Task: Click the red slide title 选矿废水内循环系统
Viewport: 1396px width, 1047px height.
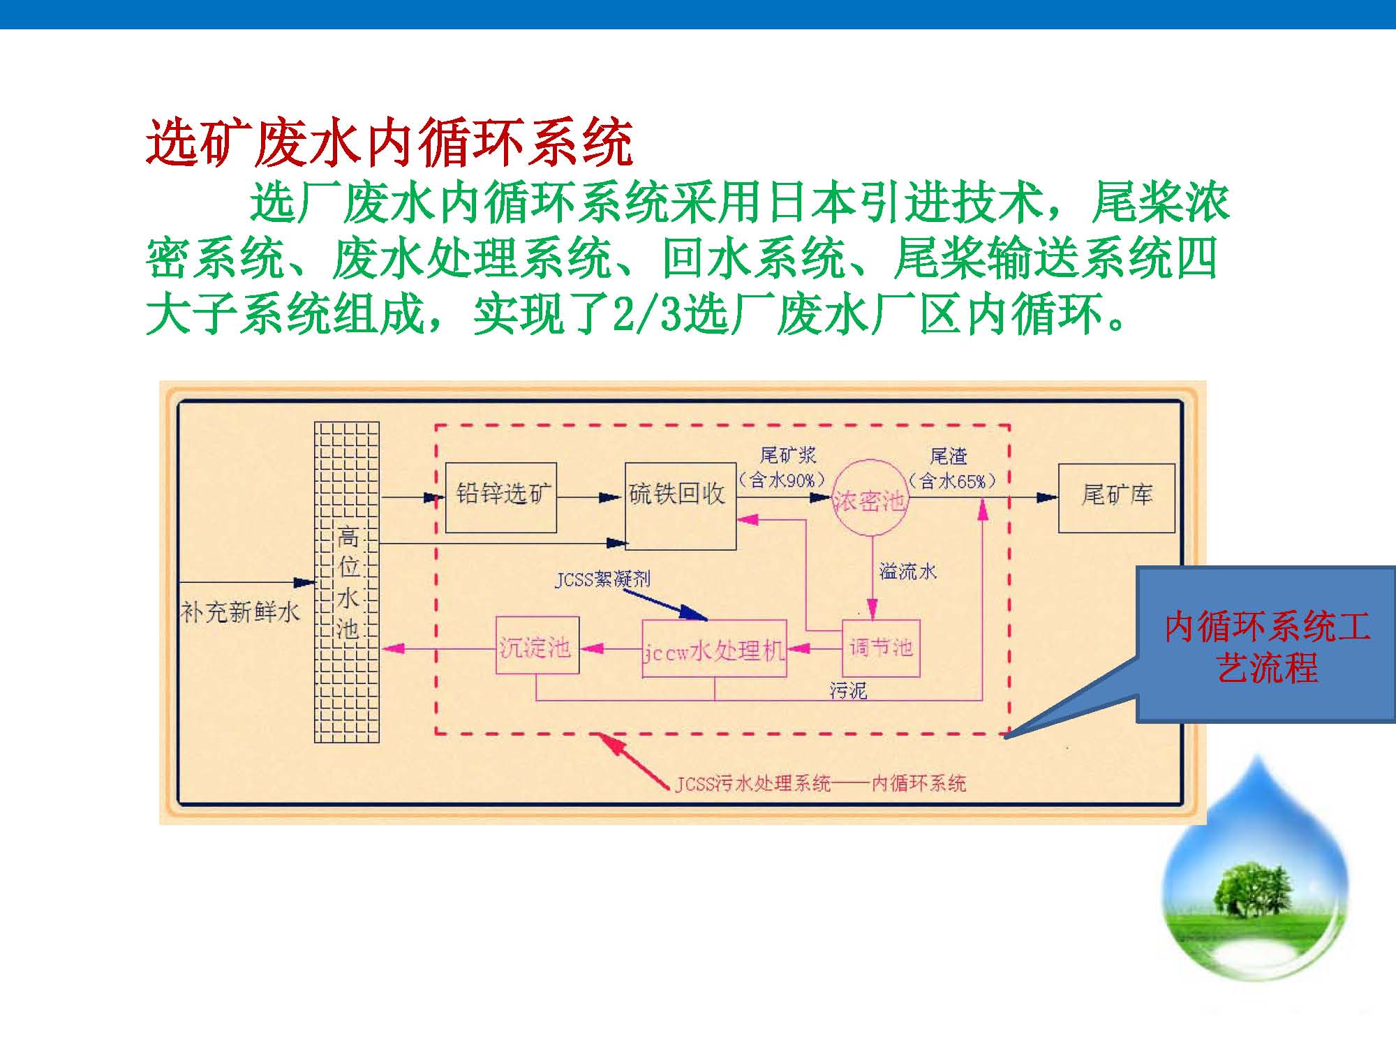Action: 389,143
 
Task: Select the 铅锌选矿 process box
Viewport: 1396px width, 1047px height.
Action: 501,498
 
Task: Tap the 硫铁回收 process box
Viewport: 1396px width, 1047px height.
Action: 681,506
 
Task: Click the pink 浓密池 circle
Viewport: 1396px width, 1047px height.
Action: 869,497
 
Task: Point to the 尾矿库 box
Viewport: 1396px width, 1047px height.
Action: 1117,498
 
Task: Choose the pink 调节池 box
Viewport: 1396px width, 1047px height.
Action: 881,648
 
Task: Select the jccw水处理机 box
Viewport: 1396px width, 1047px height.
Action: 714,648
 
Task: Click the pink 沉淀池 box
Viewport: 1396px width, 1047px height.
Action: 537,645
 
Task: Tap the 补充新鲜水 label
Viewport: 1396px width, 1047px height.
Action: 239,612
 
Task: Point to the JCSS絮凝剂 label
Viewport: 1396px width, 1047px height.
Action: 602,579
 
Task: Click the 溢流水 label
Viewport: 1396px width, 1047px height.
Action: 907,572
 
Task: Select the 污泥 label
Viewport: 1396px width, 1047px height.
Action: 848,690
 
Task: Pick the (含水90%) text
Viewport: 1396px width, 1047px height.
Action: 782,480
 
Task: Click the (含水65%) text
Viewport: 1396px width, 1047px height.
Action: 953,481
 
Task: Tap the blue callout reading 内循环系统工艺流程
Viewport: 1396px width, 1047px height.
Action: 1266,645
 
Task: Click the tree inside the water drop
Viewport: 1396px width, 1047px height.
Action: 1255,891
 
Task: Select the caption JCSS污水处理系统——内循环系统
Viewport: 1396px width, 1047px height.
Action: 820,783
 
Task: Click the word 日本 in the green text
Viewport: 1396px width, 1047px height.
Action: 811,202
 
